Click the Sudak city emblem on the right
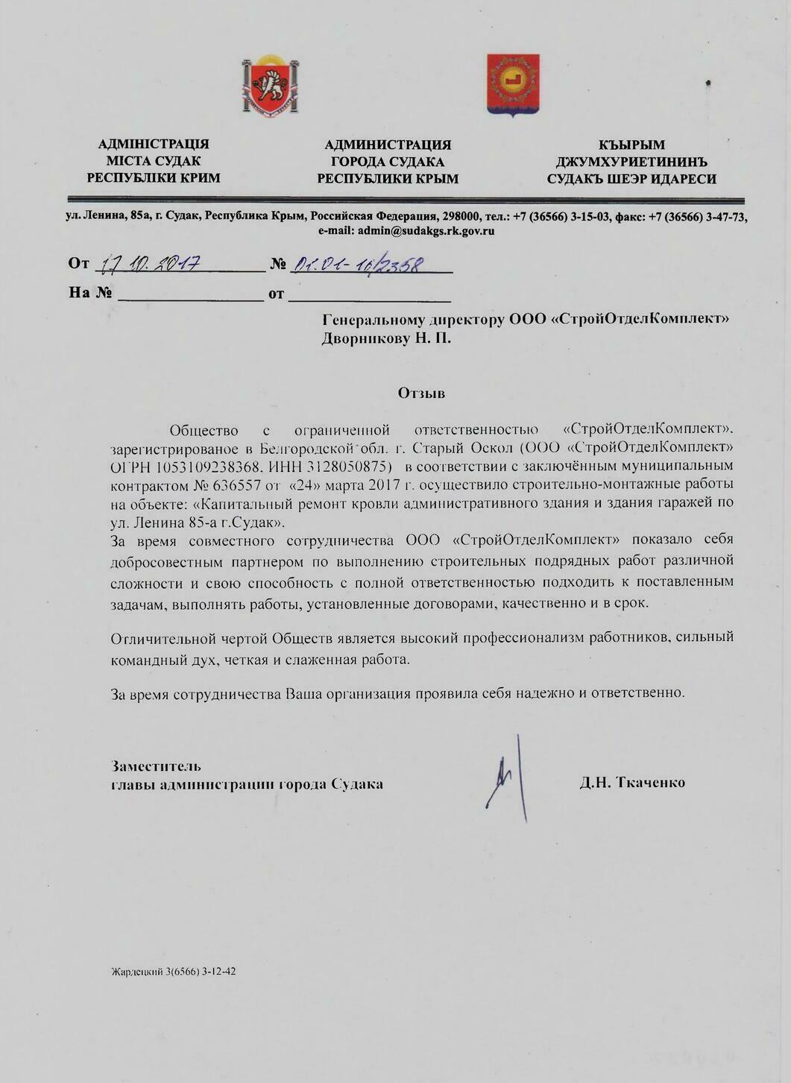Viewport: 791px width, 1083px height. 513,83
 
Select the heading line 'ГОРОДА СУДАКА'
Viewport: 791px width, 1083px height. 388,162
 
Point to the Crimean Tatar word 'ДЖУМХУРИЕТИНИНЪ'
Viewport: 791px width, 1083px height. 631,162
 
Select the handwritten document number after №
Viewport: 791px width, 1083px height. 359,264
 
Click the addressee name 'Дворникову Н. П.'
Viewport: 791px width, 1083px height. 386,339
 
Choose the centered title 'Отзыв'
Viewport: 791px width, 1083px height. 421,392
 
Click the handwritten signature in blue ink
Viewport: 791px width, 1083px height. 507,780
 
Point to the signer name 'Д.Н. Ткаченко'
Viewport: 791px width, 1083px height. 632,783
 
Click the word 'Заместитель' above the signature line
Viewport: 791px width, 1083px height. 156,765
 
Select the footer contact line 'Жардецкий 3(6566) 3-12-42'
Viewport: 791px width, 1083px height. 173,972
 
